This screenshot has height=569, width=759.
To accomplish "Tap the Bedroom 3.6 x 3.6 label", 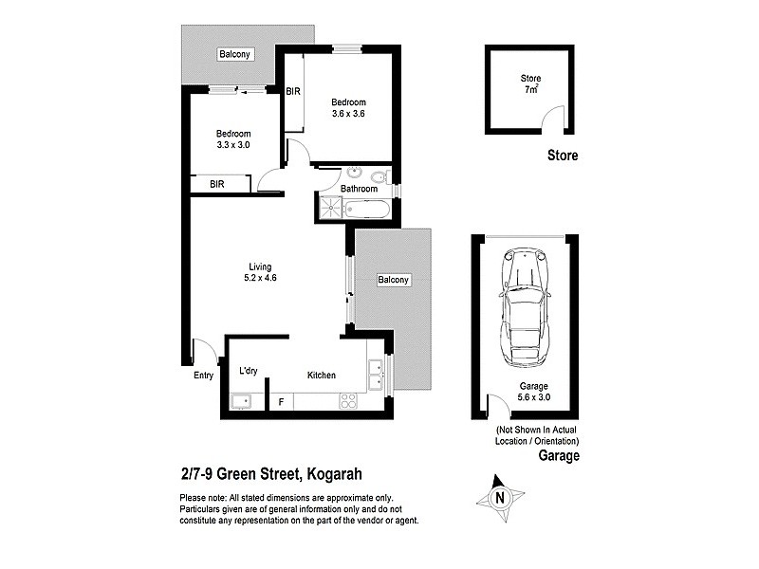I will pos(348,107).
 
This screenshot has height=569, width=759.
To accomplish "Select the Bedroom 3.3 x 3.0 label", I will pos(233,139).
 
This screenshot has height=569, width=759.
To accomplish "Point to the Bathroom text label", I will pos(360,189).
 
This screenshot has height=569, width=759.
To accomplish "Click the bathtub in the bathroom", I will pos(371,210).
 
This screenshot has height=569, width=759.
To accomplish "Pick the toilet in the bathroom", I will pos(379,176).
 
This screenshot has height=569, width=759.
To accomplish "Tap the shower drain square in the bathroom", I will pos(329,210).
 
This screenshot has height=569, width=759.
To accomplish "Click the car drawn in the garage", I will pos(523,309).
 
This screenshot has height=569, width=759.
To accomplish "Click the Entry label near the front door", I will pos(204,376).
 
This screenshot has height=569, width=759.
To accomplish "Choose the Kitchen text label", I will pos(322,376).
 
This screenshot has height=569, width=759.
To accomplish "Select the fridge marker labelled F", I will pos(281,402).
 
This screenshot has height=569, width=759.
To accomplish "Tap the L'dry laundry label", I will pos(249,371).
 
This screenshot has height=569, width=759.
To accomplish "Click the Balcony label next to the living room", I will pos(393,280).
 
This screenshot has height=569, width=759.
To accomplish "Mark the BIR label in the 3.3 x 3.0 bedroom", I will pos(217,183).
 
